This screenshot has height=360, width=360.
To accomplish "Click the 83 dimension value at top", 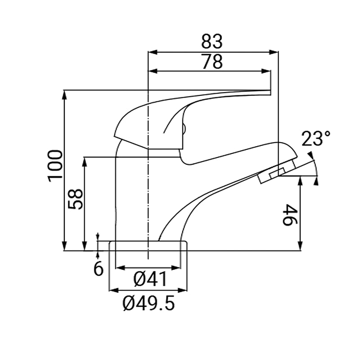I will click(211, 41).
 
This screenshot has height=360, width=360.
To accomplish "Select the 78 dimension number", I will click(211, 62).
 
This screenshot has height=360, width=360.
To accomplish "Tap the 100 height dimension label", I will click(54, 165).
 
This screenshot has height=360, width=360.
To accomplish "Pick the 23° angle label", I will click(316, 139).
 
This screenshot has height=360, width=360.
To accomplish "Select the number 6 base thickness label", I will click(98, 269).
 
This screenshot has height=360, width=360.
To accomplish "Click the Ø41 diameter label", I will click(150, 279).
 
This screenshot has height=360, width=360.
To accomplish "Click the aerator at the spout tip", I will click(273, 174).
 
